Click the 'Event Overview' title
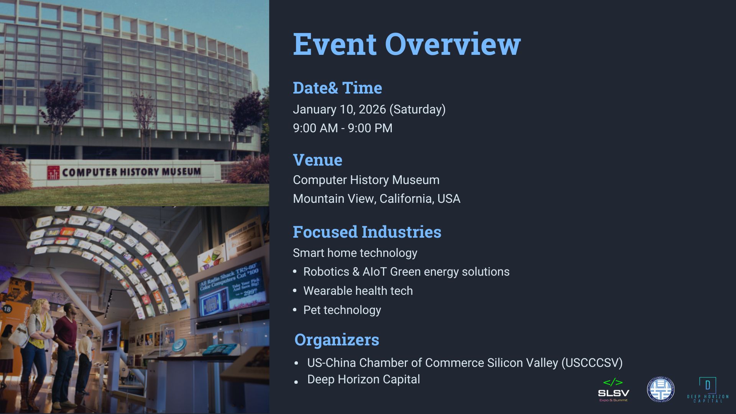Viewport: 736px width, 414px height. pos(406,44)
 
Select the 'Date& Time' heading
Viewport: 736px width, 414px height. pos(337,88)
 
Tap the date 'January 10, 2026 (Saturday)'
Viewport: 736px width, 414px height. pos(369,109)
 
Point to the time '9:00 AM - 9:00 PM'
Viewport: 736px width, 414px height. pos(342,128)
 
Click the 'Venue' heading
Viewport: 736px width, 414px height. pos(317,160)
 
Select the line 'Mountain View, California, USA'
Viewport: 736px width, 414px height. pos(376,199)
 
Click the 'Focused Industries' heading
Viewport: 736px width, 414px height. pos(367,232)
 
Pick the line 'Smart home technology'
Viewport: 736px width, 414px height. pos(355,253)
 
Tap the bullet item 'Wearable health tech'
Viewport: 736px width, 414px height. pos(358,291)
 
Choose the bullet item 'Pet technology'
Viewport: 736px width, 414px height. pos(342,310)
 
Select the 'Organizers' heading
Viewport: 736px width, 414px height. pos(337,340)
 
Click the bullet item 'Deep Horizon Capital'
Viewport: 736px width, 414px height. pos(363,379)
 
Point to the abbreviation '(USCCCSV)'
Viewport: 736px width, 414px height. pos(592,363)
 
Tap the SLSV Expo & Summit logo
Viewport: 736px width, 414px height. pos(613,390)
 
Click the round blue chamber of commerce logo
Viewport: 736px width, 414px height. pos(660,390)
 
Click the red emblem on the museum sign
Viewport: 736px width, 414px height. pos(53,172)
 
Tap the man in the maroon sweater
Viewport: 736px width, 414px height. pos(66,345)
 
